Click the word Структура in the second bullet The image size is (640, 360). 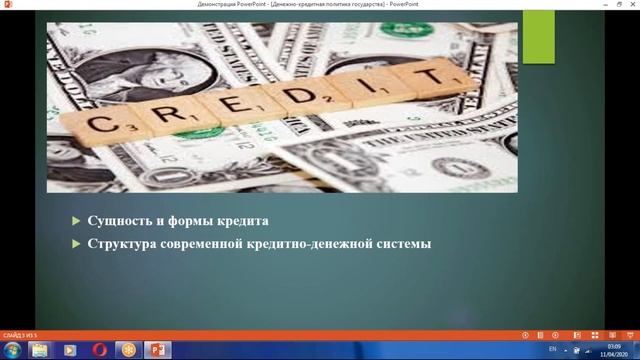click(x=126, y=242)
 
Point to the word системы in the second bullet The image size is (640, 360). click(x=398, y=242)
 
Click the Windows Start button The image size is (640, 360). click(x=11, y=349)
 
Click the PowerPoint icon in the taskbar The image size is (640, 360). click(x=157, y=349)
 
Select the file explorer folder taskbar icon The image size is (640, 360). click(x=39, y=349)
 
